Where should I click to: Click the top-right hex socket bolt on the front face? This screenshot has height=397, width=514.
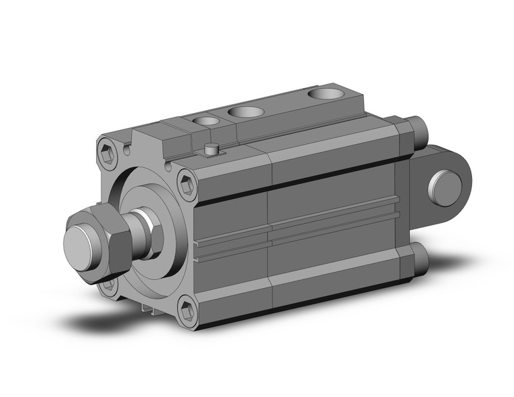(187, 183)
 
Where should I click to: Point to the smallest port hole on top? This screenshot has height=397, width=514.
(206, 121)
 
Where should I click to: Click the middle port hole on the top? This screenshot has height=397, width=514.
(245, 112)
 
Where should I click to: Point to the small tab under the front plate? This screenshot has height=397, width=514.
(149, 308)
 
